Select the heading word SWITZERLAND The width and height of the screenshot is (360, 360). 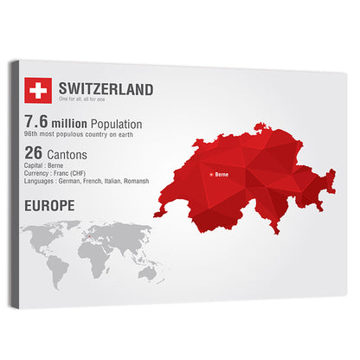106,89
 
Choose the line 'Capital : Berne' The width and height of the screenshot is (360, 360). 48,165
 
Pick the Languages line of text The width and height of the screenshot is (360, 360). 87,181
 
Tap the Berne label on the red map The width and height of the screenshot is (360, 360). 221,175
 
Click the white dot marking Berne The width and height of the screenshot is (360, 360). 211,175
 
